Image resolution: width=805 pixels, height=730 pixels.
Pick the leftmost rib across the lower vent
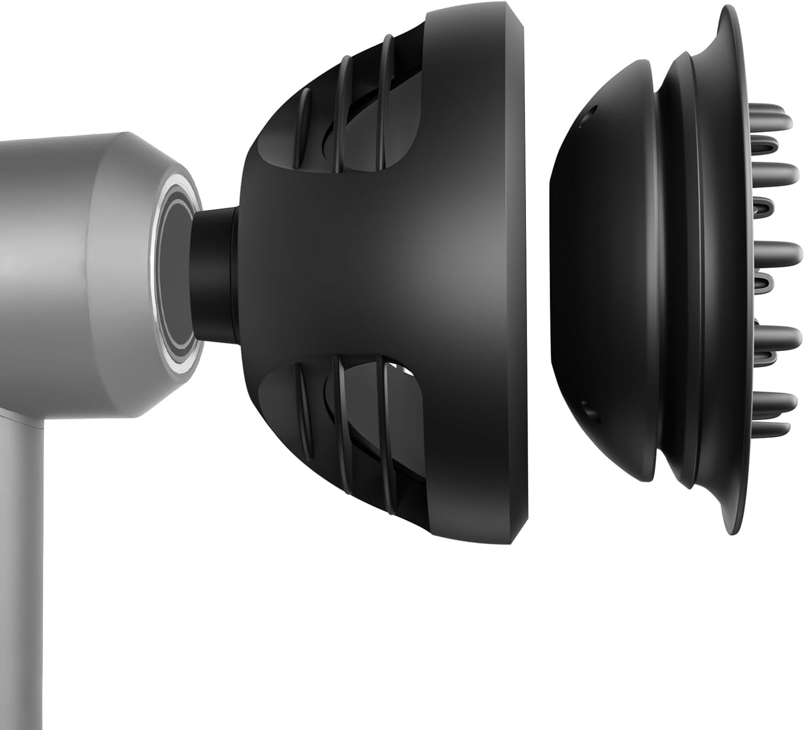pos(303,424)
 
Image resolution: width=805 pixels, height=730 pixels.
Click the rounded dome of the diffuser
pos(596,274)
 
